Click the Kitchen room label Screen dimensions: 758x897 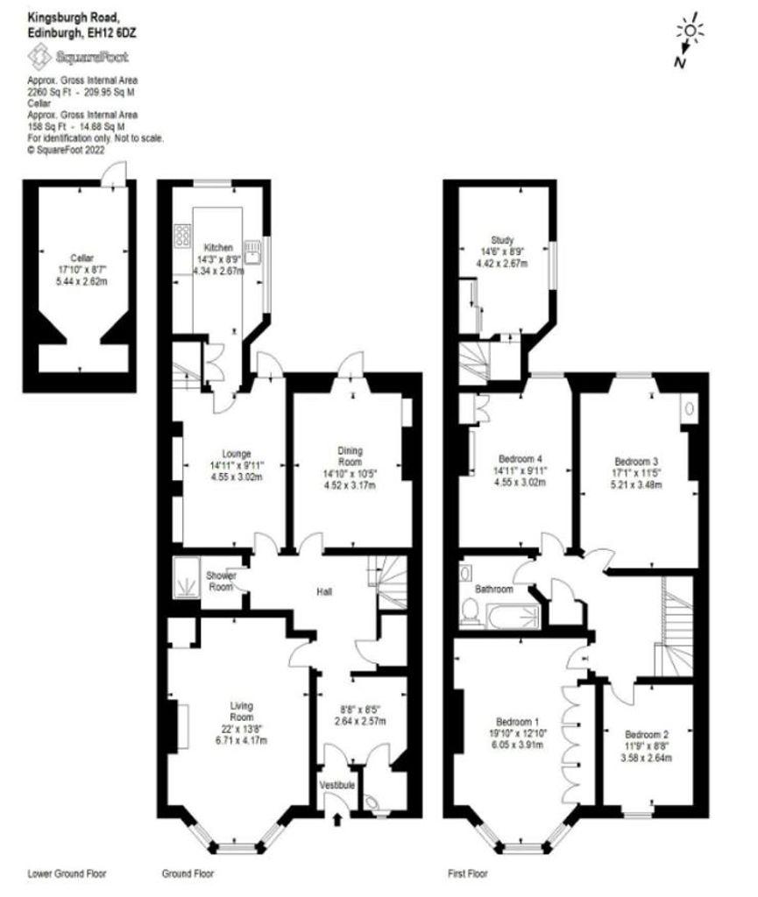pyautogui.click(x=218, y=248)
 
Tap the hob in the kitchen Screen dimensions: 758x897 pyautogui.click(x=183, y=236)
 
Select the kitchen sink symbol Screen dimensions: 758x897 pyautogui.click(x=253, y=251)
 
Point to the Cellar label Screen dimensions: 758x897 pyautogui.click(x=82, y=258)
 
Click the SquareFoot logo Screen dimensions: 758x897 pyautogui.click(x=78, y=57)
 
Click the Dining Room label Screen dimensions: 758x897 pyautogui.click(x=351, y=456)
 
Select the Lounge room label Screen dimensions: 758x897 pyautogui.click(x=237, y=455)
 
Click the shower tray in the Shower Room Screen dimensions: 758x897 pyautogui.click(x=186, y=576)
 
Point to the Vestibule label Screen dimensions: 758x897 pyautogui.click(x=337, y=785)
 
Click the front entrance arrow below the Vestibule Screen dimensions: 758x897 pyautogui.click(x=337, y=820)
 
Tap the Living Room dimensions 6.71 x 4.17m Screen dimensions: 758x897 pyautogui.click(x=241, y=740)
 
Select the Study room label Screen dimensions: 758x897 pyautogui.click(x=502, y=240)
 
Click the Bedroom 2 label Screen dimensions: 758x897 pyautogui.click(x=647, y=735)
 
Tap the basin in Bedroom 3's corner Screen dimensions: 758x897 pyautogui.click(x=689, y=408)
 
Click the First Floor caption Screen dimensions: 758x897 pyautogui.click(x=468, y=873)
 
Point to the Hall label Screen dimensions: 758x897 pyautogui.click(x=324, y=591)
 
